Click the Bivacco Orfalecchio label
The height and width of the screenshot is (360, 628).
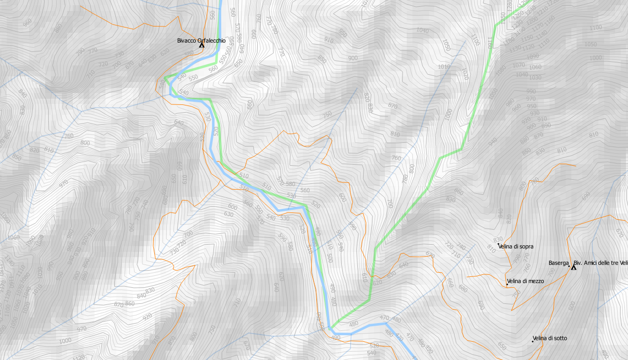pyautogui.click(x=201, y=41)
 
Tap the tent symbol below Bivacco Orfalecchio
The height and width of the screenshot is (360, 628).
pyautogui.click(x=202, y=46)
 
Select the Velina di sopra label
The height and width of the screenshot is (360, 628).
pyautogui.click(x=516, y=247)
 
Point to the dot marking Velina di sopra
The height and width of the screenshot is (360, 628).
pyautogui.click(x=499, y=244)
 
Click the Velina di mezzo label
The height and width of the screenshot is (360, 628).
pyautogui.click(x=526, y=281)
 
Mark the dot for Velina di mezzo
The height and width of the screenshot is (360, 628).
pyautogui.click(x=507, y=284)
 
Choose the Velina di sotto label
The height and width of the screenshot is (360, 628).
pyautogui.click(x=550, y=338)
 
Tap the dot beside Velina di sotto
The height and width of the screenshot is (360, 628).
pyautogui.click(x=533, y=341)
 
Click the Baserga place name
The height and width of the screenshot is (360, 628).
pyautogui.click(x=558, y=263)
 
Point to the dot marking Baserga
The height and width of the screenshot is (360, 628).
pyautogui.click(x=569, y=265)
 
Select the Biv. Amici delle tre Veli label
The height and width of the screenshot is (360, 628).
pyautogui.click(x=600, y=263)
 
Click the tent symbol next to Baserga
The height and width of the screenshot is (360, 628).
pyautogui.click(x=574, y=267)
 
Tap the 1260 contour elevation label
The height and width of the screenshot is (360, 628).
pyautogui.click(x=518, y=15)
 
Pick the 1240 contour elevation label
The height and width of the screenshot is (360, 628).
pyautogui.click(x=531, y=10)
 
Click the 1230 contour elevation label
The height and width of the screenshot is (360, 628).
pyautogui.click(x=517, y=24)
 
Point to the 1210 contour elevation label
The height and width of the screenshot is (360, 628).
pyautogui.click(x=543, y=10)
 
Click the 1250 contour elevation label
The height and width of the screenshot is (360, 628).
pyautogui.click(x=503, y=18)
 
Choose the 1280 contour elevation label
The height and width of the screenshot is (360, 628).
pyautogui.click(x=510, y=5)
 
